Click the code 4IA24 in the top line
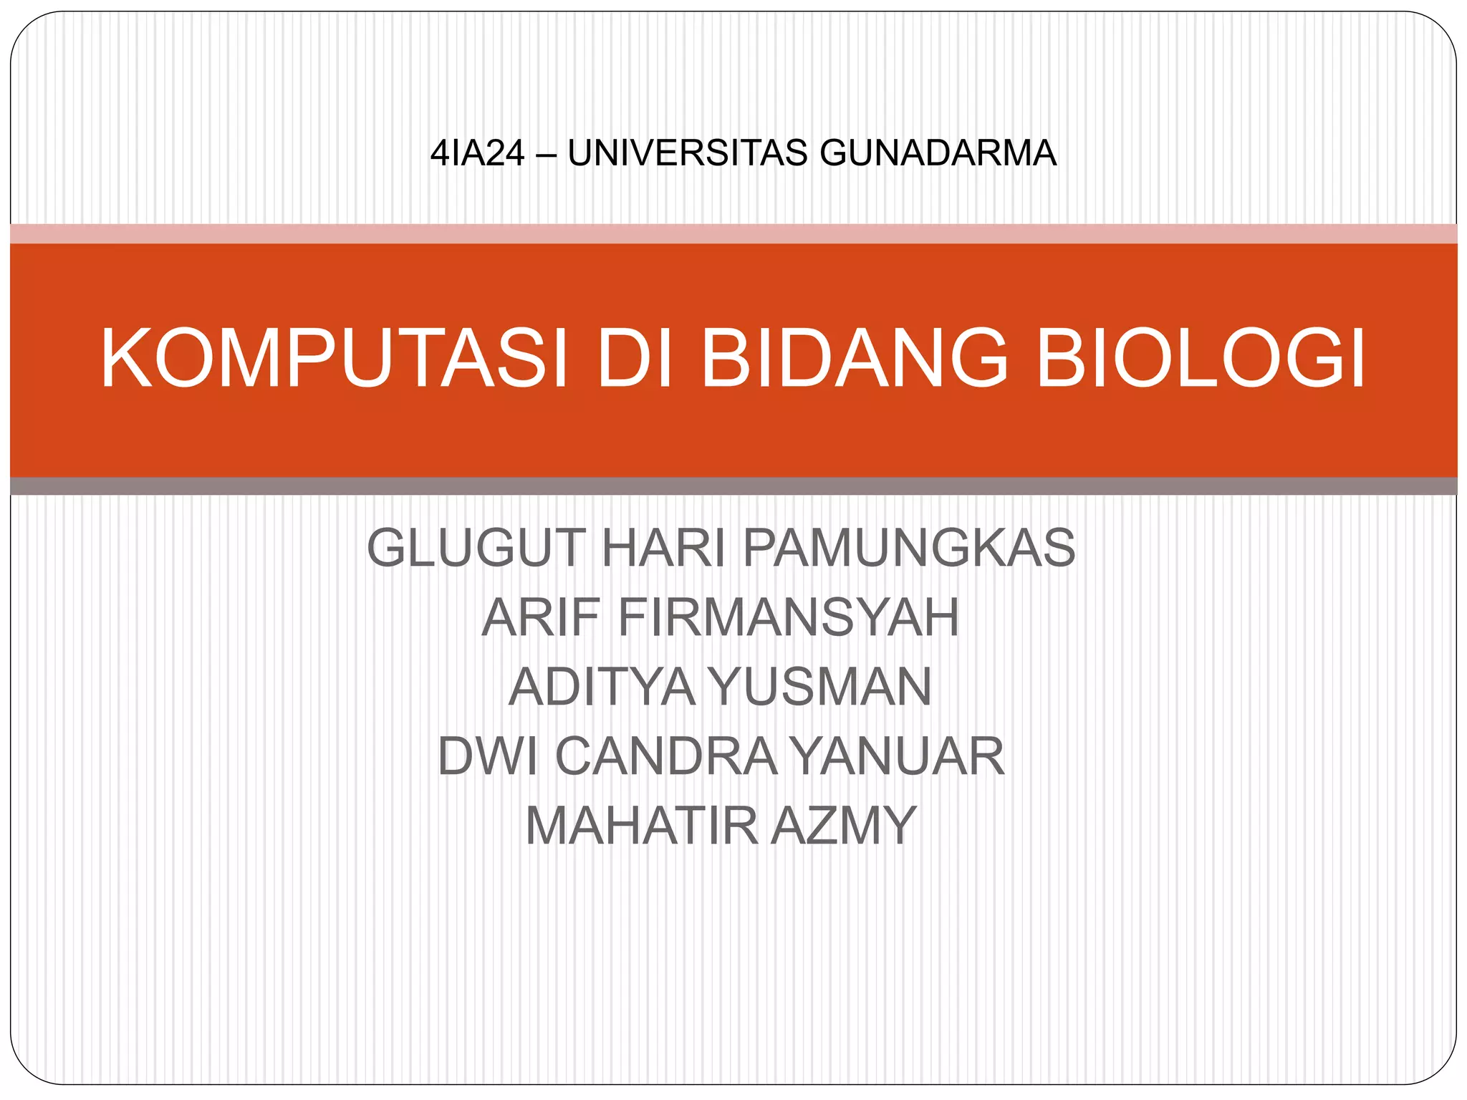tap(477, 153)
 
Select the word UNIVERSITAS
tap(687, 153)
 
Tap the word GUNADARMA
tap(938, 153)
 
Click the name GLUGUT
tap(476, 548)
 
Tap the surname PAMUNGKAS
tap(909, 548)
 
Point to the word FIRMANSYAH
tap(788, 617)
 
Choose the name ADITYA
tap(602, 687)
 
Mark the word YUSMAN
tap(821, 687)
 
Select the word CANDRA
tap(666, 756)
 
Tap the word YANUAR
tap(899, 756)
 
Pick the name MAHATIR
tap(641, 826)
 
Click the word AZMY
tap(845, 826)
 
